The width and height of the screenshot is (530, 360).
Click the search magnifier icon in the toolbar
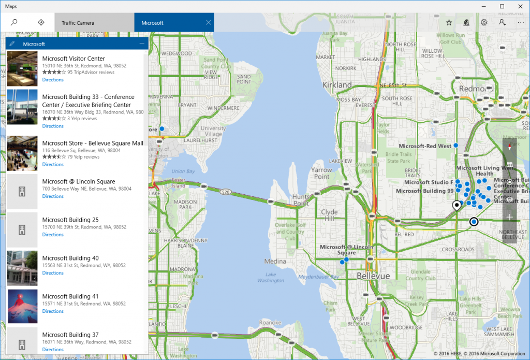click(14, 22)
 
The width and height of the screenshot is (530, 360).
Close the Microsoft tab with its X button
click(208, 22)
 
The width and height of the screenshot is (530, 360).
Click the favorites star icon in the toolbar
click(449, 23)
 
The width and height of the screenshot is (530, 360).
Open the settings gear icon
click(484, 23)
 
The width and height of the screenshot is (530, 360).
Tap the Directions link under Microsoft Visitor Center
click(53, 80)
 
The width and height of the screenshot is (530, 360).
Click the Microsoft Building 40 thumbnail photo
click(22, 268)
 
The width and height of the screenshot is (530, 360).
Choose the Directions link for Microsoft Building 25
click(53, 235)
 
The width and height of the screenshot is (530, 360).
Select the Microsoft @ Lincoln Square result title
click(79, 182)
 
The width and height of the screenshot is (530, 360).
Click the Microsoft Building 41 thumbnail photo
click(22, 307)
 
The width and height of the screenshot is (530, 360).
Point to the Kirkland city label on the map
click(337, 85)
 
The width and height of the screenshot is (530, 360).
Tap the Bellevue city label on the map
click(373, 277)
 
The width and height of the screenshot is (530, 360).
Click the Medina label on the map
click(275, 261)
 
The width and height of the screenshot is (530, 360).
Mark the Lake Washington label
click(271, 278)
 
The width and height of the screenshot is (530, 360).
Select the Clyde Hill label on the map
click(329, 215)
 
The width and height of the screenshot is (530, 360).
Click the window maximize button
click(502, 6)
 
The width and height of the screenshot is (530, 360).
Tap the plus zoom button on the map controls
click(510, 217)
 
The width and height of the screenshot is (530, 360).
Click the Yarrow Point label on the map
click(321, 173)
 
